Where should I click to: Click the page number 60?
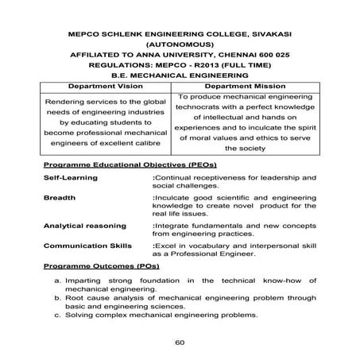pos(180,343)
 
